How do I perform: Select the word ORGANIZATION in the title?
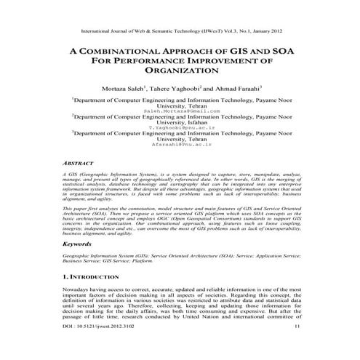[180, 72]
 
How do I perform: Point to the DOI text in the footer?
[94, 348]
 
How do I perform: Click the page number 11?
[296, 348]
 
